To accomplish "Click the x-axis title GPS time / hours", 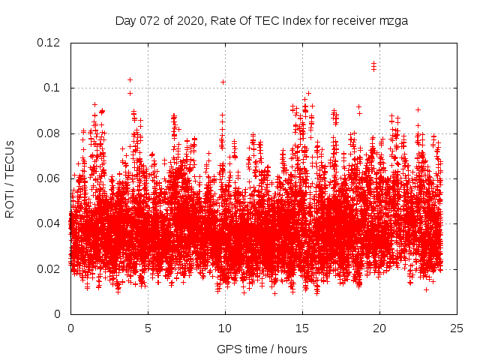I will click(262, 349).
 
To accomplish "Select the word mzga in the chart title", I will click(393, 20).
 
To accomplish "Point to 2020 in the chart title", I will click(187, 20).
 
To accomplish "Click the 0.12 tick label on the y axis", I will click(49, 43).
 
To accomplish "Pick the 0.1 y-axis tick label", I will click(54, 88).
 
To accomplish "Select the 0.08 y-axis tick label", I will click(49, 133).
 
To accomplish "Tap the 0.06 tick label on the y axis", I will click(49, 178).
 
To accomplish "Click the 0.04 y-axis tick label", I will click(49, 223).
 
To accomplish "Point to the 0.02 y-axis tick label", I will click(49, 269).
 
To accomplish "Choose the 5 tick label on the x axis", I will click(148, 328).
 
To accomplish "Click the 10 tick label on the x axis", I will click(225, 328).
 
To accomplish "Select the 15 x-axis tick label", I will click(302, 328).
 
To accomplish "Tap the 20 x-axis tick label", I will click(379, 328).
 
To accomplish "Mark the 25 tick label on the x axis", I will click(457, 328).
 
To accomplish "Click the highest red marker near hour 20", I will click(373, 64).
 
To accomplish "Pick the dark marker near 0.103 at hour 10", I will click(223, 82).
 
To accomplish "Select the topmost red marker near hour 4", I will click(130, 79).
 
